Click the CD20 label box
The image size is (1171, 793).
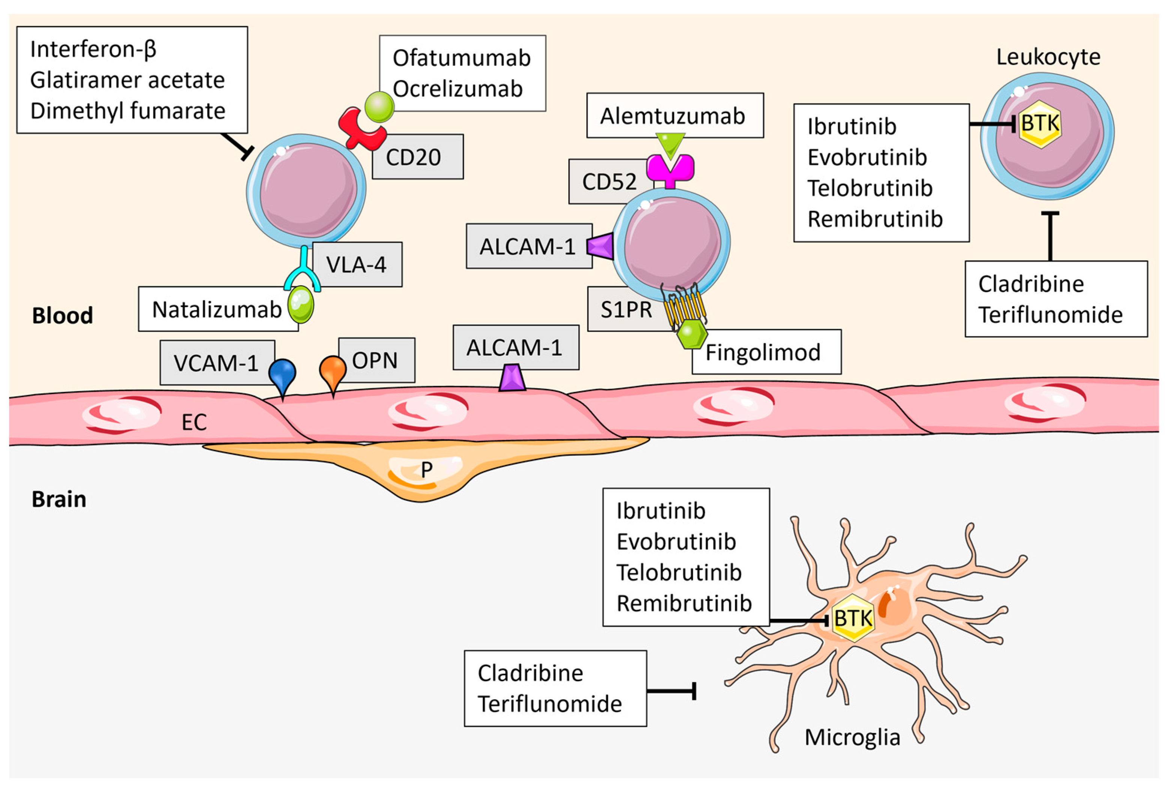(417, 156)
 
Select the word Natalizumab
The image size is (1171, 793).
(217, 309)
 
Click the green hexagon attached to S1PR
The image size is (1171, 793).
(691, 334)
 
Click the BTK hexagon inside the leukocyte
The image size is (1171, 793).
(1040, 124)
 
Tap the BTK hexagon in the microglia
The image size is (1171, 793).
(853, 618)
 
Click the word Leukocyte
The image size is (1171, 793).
(1048, 57)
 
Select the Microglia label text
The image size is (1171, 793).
(852, 737)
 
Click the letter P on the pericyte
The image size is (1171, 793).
(426, 469)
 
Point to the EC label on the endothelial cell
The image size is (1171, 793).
(194, 422)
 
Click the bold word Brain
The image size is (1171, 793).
(59, 499)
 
